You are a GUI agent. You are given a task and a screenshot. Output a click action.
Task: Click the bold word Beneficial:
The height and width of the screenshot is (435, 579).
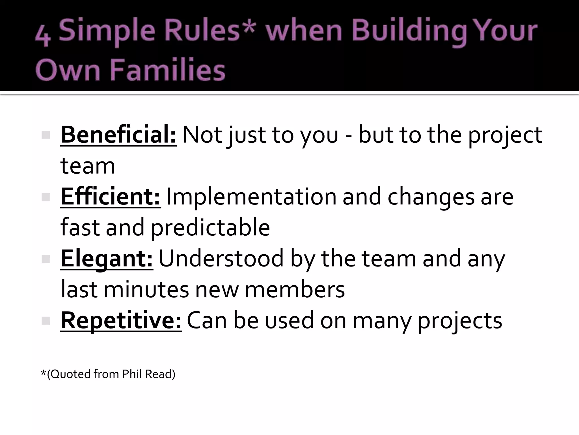[118, 135]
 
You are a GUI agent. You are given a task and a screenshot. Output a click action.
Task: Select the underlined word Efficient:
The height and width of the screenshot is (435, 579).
[111, 197]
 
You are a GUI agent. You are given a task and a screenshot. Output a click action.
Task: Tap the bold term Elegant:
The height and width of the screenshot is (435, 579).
[107, 259]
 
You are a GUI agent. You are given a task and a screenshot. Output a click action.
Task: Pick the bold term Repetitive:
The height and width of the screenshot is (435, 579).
[121, 321]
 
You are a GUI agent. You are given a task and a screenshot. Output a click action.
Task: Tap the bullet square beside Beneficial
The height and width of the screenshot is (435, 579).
[45, 135]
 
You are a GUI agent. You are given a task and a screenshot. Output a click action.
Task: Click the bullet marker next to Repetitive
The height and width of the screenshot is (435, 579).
[45, 321]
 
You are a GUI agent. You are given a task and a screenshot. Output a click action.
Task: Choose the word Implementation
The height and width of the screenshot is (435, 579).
[251, 197]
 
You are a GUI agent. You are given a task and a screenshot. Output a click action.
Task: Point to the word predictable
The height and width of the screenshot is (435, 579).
[210, 227]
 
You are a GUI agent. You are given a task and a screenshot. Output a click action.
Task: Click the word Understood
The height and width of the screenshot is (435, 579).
[221, 259]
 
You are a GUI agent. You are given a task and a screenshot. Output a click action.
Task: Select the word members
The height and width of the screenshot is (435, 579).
[295, 289]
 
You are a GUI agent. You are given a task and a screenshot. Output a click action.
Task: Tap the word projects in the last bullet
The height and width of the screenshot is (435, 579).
[460, 321]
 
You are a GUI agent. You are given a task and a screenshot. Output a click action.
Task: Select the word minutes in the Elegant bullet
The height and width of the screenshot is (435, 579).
[146, 289]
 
